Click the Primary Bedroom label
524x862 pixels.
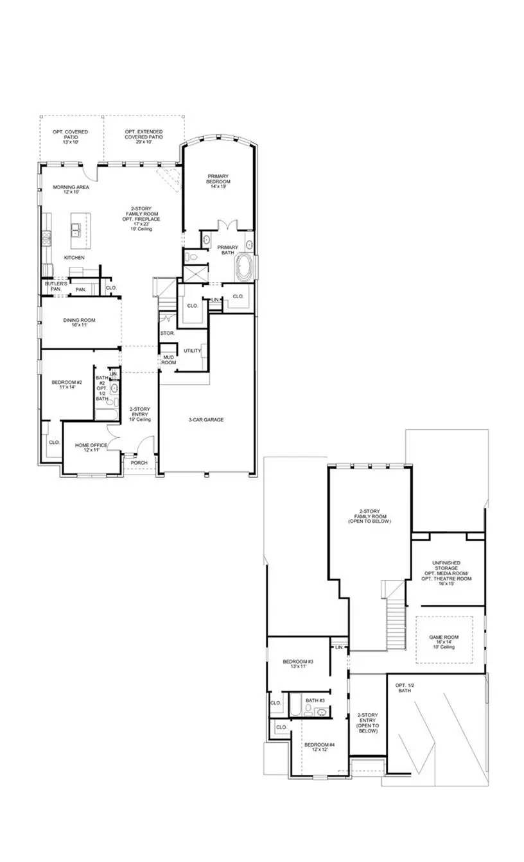click(218, 179)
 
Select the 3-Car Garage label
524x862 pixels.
click(205, 420)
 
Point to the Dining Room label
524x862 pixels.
click(79, 323)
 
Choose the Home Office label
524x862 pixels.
click(91, 448)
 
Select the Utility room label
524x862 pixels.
click(192, 351)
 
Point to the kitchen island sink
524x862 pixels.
click(76, 228)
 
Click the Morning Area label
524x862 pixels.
click(71, 189)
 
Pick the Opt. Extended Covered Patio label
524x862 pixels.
click(144, 135)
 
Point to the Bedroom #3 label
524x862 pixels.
click(298, 664)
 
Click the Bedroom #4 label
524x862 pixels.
click(324, 747)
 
